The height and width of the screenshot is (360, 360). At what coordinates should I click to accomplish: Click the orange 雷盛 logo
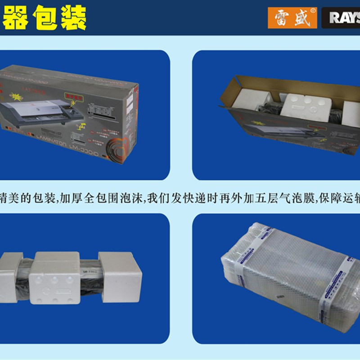(x=292, y=18)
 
